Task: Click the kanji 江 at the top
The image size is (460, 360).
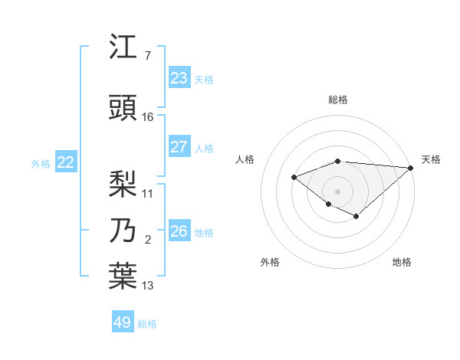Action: (x=123, y=48)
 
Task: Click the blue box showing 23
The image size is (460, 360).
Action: (x=179, y=78)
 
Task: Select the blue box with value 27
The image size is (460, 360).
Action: (x=179, y=147)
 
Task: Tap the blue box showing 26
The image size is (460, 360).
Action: (x=179, y=231)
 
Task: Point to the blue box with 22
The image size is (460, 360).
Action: (x=65, y=162)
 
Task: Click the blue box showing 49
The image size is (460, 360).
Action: (x=123, y=322)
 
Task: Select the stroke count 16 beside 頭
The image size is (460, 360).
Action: (x=148, y=116)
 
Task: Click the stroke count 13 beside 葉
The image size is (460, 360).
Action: (x=148, y=286)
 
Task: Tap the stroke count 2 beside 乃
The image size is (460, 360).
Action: (x=148, y=240)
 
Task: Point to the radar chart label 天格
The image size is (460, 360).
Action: (x=431, y=159)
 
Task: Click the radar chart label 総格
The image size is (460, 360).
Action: (x=338, y=100)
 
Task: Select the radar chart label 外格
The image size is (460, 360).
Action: (x=270, y=262)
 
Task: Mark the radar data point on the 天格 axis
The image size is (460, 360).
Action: (x=412, y=168)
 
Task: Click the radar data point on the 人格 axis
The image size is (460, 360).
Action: (x=294, y=178)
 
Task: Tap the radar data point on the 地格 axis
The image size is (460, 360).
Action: (x=356, y=217)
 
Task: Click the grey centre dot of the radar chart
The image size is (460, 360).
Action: (x=338, y=191)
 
